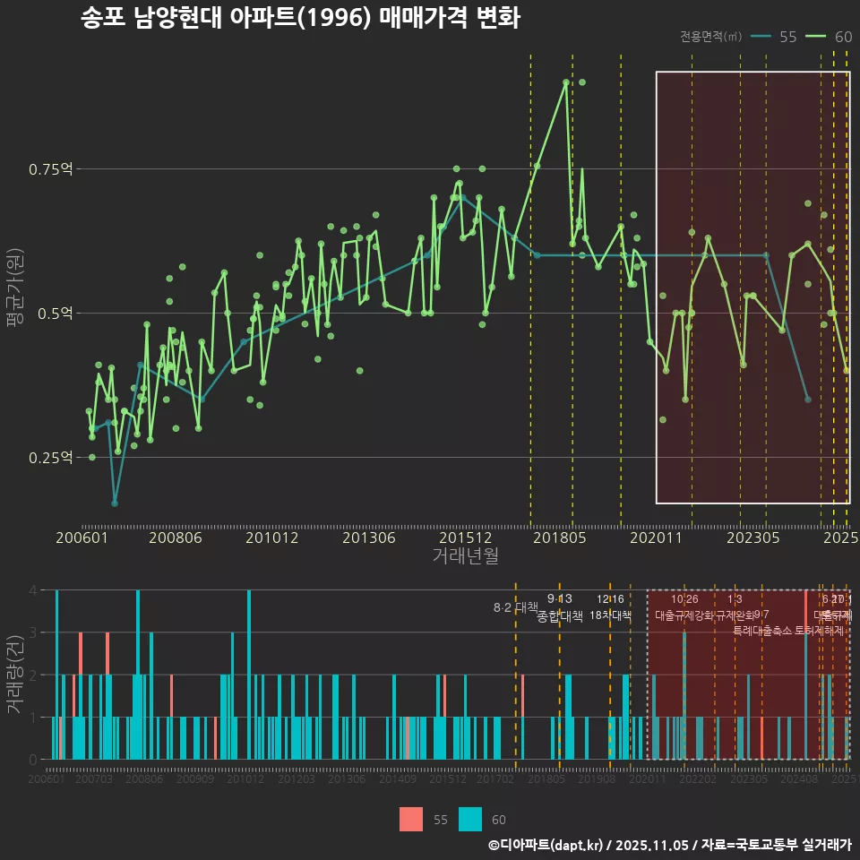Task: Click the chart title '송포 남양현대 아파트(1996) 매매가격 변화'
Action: [300, 18]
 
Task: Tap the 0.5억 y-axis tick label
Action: [56, 314]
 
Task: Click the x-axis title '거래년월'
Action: [465, 555]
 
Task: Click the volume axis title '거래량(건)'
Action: [13, 674]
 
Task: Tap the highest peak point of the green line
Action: [566, 82]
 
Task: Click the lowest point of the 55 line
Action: [115, 503]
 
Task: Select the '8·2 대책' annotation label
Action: [515, 607]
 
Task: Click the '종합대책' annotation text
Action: [560, 616]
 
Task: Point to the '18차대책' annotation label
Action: [611, 615]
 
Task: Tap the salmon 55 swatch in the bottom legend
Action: [411, 819]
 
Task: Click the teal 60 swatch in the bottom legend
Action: [470, 819]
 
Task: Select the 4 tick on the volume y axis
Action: [33, 590]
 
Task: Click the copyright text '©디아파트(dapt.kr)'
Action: [546, 845]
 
